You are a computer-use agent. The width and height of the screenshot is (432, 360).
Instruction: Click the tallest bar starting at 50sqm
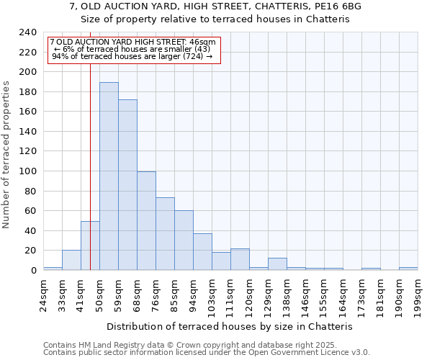109,176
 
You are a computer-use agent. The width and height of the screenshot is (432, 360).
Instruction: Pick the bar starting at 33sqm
71,260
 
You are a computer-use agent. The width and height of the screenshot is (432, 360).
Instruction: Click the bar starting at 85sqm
184,240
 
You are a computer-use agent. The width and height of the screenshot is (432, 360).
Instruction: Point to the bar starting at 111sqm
240,259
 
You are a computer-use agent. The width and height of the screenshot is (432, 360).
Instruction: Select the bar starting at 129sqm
277,264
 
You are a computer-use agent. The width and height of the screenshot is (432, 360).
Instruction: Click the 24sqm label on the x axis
43,294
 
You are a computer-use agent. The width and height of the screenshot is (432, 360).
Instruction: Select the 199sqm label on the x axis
418,294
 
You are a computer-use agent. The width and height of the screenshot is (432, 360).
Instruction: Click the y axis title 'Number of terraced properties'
6,155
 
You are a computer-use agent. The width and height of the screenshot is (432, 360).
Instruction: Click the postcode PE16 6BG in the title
336,6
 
